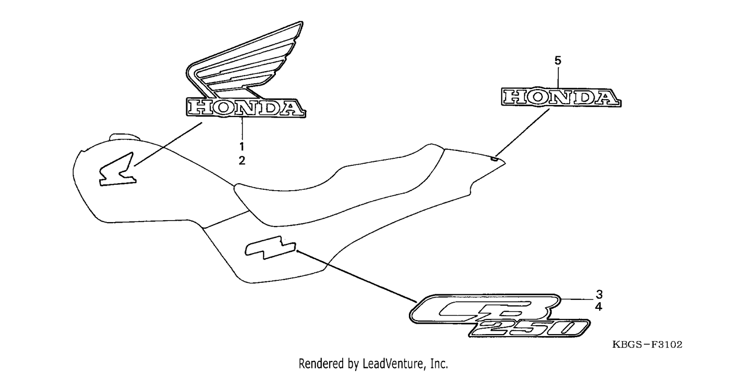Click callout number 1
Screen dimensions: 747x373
[242, 146]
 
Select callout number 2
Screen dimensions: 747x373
[242, 161]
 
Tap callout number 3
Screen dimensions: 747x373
[599, 294]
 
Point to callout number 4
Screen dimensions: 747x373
[599, 307]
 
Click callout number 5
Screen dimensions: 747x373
[558, 60]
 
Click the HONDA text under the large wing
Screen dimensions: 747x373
[246, 108]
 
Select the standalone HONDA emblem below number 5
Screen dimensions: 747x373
[561, 97]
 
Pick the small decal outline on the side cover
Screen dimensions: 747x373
[270, 248]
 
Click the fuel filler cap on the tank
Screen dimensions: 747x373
[124, 137]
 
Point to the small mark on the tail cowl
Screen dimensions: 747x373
[495, 159]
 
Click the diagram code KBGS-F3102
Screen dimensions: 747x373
[647, 345]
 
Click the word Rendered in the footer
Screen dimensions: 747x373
[321, 364]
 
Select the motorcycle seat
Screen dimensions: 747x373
[337, 187]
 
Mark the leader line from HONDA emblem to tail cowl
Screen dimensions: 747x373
[522, 132]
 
